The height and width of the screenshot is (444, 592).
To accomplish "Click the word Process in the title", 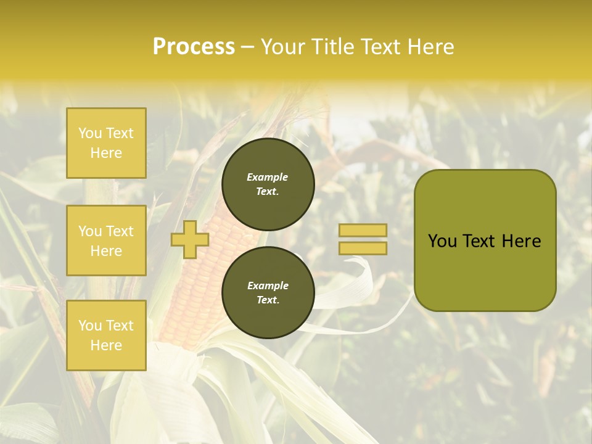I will click(194, 47).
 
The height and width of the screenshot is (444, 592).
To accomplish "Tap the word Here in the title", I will click(428, 47).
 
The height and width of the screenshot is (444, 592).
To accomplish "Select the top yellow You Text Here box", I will click(106, 143).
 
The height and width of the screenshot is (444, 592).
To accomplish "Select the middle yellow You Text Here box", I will click(106, 240).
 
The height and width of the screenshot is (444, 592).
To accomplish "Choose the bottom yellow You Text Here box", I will click(106, 335).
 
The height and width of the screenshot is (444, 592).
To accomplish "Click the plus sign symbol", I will click(189, 239).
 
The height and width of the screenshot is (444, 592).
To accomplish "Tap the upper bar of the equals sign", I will click(363, 230).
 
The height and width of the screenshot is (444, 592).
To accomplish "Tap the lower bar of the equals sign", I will click(363, 248).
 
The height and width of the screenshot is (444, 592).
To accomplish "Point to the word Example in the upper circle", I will click(268, 177).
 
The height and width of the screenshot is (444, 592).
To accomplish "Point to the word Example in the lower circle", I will click(268, 286).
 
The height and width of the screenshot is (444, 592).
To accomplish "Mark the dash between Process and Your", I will click(248, 47).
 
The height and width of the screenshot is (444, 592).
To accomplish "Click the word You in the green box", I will click(443, 241).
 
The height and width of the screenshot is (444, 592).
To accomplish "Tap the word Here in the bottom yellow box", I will click(106, 345).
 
